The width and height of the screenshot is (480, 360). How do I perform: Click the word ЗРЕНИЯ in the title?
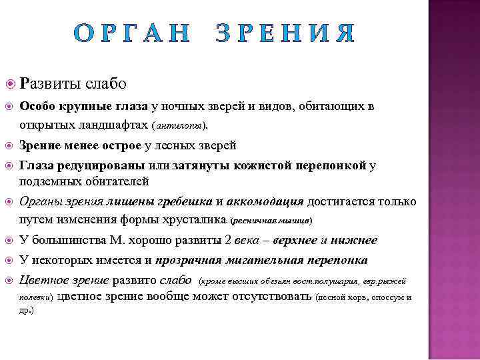[x=285, y=33]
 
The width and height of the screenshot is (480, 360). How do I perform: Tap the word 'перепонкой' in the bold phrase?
[x=328, y=165]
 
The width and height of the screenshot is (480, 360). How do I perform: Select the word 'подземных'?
[x=47, y=181]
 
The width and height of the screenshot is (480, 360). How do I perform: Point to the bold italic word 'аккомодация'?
[x=265, y=201]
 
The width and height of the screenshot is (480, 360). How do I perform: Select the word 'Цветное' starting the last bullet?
[x=44, y=280]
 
